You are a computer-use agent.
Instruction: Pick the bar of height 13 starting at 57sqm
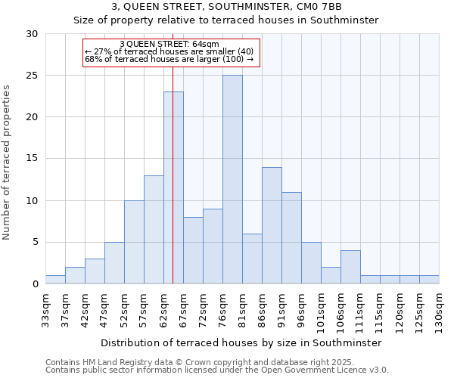tap(154, 230)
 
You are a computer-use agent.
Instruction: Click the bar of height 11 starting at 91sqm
tap(291, 238)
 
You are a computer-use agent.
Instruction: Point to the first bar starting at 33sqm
tap(55, 280)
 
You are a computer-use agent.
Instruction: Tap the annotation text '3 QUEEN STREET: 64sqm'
tap(169, 45)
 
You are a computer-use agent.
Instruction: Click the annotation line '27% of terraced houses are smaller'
tap(169, 51)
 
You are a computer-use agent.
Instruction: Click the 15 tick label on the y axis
tap(32, 159)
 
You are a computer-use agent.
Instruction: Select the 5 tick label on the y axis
tap(35, 243)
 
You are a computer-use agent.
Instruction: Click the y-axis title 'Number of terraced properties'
tap(8, 162)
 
